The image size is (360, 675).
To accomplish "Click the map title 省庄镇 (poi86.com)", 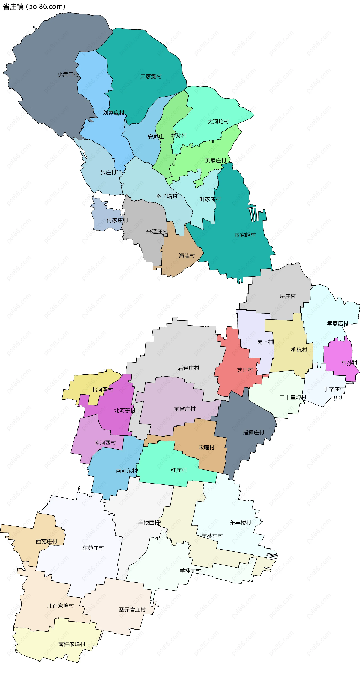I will point(34,7).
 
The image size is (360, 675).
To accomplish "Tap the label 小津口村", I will point(68,74).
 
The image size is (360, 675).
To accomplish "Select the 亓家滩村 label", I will point(151,77).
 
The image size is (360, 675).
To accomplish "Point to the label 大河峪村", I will point(218,122).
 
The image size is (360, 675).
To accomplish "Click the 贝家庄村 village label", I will point(215,160).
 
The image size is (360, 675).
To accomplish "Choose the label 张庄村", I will point(108,172).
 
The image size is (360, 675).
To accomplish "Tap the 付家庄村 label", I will point(117,220).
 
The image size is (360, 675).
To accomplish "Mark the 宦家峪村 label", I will point(245,235).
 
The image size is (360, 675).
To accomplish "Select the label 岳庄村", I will point(287,296).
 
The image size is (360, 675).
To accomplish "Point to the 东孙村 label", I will point(349,363).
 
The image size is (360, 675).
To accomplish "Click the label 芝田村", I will point(245,370).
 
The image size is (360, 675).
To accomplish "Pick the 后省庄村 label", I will point(188,368).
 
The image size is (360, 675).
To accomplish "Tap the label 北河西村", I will point(102,390).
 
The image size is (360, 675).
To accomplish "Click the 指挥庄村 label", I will point(253,432).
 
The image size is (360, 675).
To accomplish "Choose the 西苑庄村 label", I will point(47,541).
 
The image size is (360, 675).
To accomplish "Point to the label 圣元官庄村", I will point(132,610).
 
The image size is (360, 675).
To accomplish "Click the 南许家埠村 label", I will point(72,644).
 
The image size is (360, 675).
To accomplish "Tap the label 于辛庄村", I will point(334,389).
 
